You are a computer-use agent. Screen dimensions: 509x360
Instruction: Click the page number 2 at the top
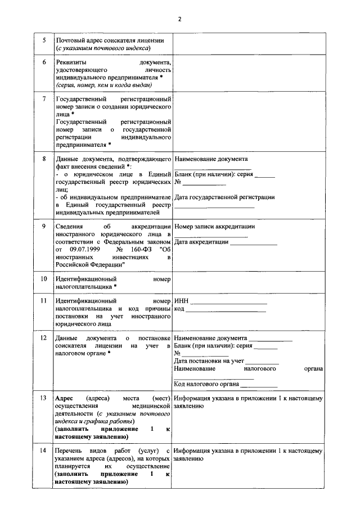pyautogui.click(x=179, y=19)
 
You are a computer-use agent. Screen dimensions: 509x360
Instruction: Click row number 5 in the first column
pyautogui.click(x=44, y=40)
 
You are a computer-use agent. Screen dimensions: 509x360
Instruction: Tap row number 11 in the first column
pyautogui.click(x=44, y=301)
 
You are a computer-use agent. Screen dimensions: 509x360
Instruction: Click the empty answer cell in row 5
pyautogui.click(x=248, y=44)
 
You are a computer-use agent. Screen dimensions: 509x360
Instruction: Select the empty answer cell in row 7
pyautogui.click(x=248, y=121)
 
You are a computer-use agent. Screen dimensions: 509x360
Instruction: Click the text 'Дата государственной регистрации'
pyautogui.click(x=224, y=197)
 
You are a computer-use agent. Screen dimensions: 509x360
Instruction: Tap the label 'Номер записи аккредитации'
pyautogui.click(x=215, y=227)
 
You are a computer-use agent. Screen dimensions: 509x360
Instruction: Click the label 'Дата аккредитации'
pyautogui.click(x=201, y=242)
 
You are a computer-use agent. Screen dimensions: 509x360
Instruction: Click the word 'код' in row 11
pyautogui.click(x=179, y=309)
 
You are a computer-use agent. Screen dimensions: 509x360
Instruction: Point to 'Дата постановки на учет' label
pyautogui.click(x=209, y=361)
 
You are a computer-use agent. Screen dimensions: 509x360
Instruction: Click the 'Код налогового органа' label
pyautogui.click(x=206, y=384)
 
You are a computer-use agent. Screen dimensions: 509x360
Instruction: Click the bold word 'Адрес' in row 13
pyautogui.click(x=64, y=398)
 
